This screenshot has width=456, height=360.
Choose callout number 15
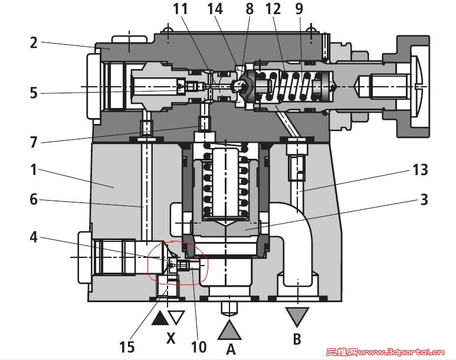click(x=126, y=346)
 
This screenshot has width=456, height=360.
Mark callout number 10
click(x=199, y=346)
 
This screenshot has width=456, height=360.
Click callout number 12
click(x=273, y=9)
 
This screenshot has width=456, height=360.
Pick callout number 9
click(x=301, y=9)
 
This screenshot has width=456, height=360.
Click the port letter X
click(x=170, y=338)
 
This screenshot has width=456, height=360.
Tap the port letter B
click(x=297, y=339)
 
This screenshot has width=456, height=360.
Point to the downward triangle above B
click(x=297, y=315)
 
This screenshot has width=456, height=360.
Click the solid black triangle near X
click(x=159, y=319)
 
